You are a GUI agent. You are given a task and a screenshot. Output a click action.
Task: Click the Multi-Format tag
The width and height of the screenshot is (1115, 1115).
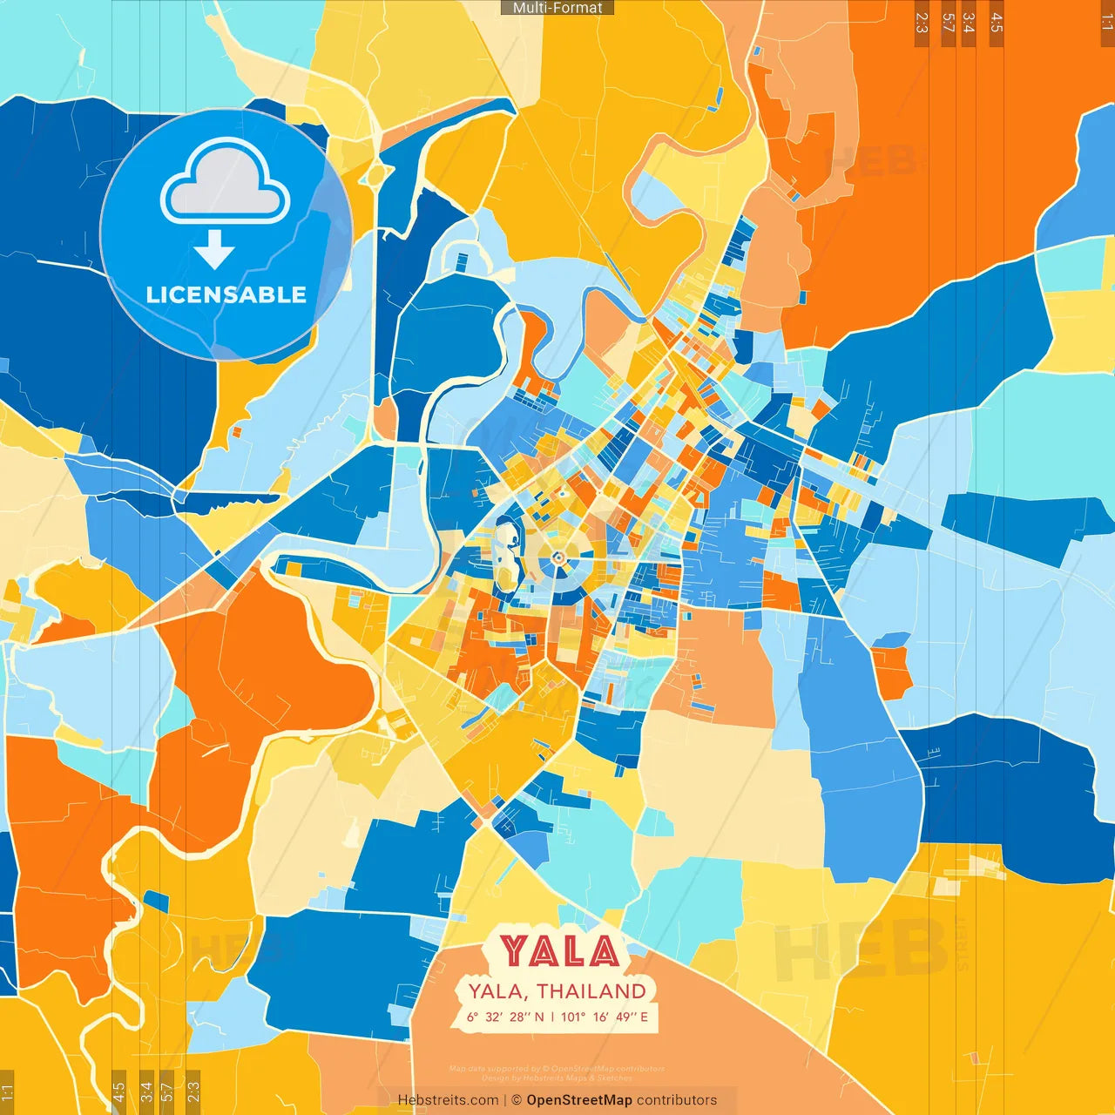[557, 8]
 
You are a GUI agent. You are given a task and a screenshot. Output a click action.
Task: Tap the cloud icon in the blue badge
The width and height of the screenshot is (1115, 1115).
[225, 184]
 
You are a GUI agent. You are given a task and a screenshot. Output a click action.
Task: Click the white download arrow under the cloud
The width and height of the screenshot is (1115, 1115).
[214, 249]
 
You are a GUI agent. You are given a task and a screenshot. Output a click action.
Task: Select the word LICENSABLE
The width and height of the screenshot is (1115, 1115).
[226, 294]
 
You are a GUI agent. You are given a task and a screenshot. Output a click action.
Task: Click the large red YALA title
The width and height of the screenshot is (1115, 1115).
[559, 952]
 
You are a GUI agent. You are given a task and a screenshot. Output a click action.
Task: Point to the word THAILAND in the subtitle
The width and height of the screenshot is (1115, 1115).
[591, 991]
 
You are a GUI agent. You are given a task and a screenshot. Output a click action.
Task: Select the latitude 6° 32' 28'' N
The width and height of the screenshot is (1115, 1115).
[505, 1017]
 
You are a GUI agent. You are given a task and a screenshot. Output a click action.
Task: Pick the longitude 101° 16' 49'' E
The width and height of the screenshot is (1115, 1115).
[605, 1017]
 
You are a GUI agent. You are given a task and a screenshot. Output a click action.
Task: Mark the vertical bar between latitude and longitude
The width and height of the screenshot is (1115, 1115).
[552, 1017]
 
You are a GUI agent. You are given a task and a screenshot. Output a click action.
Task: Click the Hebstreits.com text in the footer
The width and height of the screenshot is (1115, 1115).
[448, 1100]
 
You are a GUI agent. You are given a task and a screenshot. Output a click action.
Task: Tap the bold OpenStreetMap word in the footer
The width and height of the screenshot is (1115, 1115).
[579, 1100]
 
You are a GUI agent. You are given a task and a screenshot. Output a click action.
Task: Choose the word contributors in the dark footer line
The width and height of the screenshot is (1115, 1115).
[677, 1100]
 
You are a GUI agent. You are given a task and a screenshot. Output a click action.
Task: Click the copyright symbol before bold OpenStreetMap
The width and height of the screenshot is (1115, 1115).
[517, 1100]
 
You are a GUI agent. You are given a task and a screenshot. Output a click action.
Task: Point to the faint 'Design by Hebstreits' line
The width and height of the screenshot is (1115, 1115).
[557, 1078]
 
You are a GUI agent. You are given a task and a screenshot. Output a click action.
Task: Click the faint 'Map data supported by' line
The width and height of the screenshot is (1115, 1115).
[557, 1069]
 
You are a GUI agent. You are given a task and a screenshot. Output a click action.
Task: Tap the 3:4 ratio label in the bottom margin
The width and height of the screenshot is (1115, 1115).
[146, 1091]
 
